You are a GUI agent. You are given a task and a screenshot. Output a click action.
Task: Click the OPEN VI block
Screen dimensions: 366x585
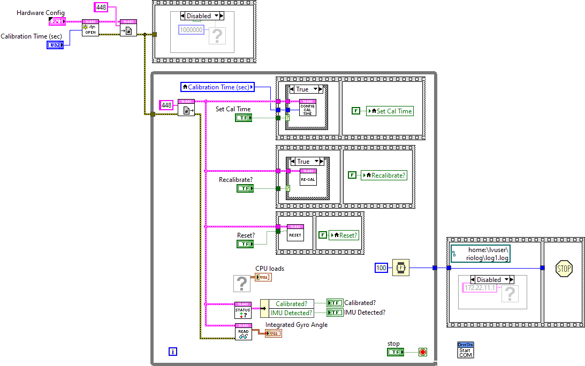coord(90,28)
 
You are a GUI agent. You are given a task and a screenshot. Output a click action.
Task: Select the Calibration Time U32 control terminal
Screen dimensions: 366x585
coord(55,45)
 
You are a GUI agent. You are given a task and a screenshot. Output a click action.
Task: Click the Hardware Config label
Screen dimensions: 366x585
coord(41,13)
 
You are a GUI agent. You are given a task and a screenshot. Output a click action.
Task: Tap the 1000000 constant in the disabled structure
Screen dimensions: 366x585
coord(191,30)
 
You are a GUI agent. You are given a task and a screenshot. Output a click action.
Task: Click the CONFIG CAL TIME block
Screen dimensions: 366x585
coord(307,108)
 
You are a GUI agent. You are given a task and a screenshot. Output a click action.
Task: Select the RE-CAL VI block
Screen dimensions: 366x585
coord(308,177)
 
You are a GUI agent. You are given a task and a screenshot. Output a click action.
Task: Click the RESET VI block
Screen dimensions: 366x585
coord(295,232)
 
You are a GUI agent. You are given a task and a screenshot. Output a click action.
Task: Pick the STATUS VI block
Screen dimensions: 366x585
coord(243,310)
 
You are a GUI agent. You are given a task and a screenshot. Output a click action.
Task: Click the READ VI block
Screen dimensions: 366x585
coord(243,332)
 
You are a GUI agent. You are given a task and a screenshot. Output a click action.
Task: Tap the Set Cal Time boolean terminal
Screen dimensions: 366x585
coord(244,118)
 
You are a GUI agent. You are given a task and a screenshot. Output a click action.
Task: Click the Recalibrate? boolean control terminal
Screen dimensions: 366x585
coord(245,188)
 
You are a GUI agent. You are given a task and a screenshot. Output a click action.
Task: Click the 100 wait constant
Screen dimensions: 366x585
coord(381,268)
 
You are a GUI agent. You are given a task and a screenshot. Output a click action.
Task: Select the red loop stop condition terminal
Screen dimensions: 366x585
coord(422,352)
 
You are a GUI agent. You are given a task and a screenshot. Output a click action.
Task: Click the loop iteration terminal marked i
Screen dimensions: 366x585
coord(172,352)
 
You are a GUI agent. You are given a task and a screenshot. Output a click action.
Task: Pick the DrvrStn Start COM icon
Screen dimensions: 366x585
coord(465,350)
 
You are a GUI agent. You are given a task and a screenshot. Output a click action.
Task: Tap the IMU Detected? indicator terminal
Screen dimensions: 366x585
coord(335,312)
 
